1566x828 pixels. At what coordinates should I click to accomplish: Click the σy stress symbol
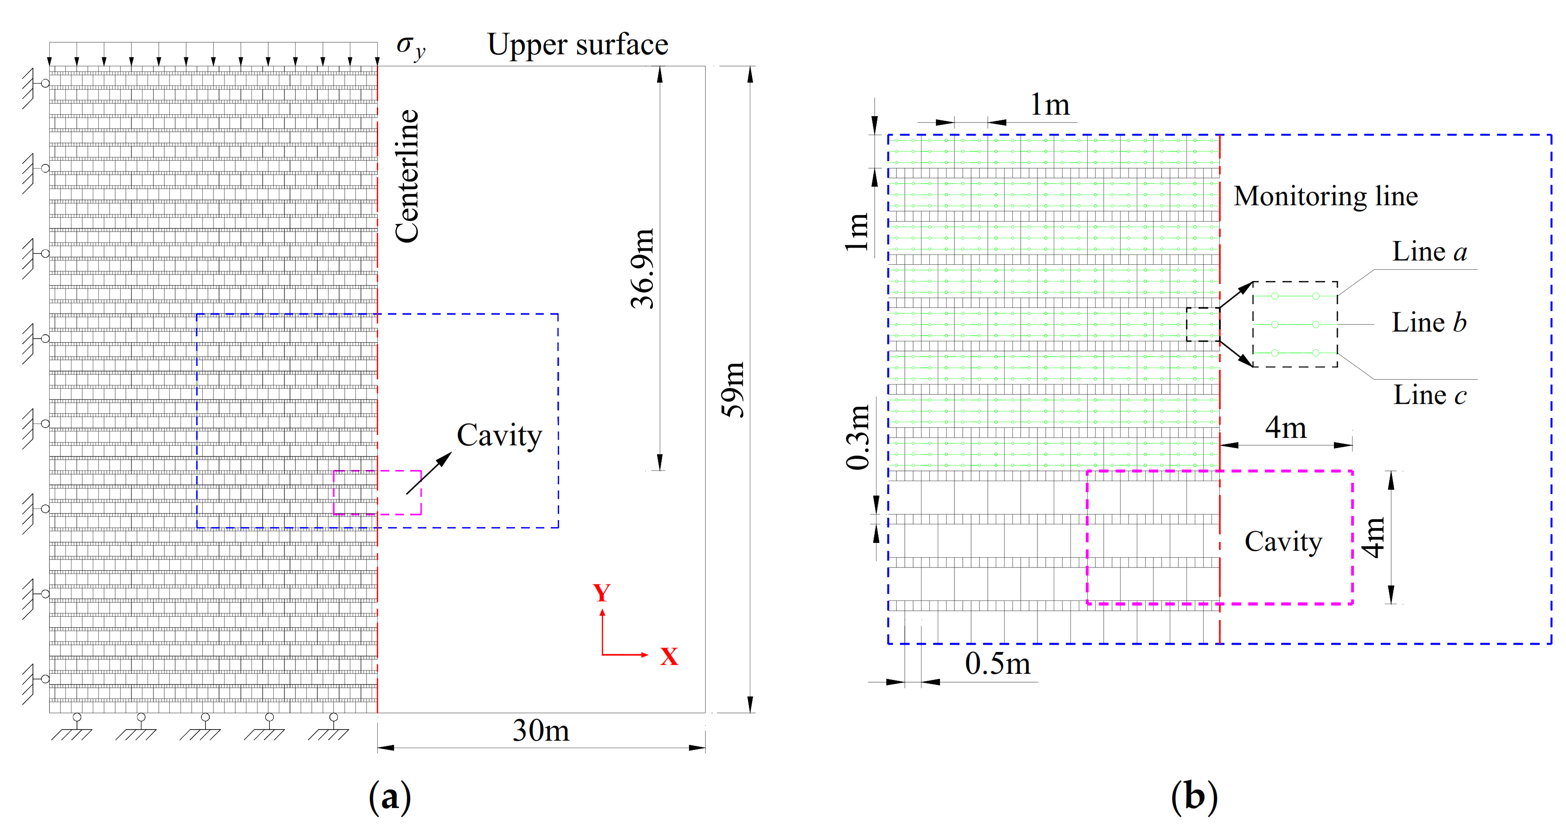[x=410, y=47]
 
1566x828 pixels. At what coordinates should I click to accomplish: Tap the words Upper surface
[x=578, y=45]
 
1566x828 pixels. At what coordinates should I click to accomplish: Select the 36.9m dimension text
[x=642, y=268]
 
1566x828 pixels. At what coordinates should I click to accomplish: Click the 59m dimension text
[x=733, y=389]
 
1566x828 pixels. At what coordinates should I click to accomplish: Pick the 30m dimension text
[x=541, y=730]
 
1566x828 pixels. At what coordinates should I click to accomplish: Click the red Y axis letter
[x=601, y=593]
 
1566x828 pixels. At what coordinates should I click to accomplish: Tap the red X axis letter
[x=669, y=657]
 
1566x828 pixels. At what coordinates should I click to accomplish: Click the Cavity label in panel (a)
[x=499, y=436]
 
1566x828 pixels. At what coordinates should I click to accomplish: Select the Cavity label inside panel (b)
[x=1283, y=541]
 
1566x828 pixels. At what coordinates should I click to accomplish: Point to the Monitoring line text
[x=1326, y=196]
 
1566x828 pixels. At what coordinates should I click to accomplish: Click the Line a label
[x=1429, y=251]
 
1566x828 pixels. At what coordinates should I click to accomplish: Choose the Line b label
[x=1429, y=322]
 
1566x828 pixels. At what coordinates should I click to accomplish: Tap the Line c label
[x=1429, y=395]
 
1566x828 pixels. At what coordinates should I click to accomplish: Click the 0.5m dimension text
[x=998, y=663]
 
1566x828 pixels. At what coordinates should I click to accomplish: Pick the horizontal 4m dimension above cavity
[x=1286, y=428]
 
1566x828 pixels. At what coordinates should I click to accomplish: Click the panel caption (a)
[x=390, y=797]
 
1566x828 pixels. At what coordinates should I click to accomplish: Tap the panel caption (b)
[x=1194, y=797]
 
